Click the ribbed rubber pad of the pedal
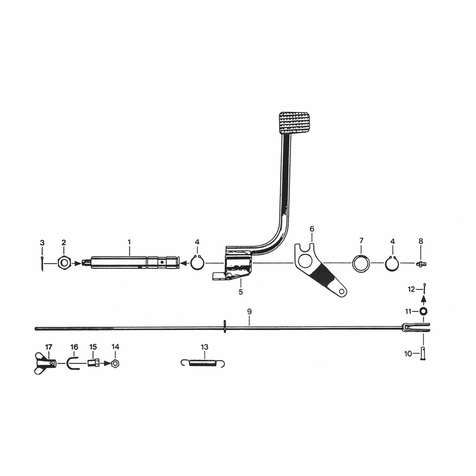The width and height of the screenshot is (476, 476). pyautogui.click(x=295, y=123)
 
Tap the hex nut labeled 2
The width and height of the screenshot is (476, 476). pyautogui.click(x=64, y=263)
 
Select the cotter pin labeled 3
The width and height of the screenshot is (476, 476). pyautogui.click(x=42, y=263)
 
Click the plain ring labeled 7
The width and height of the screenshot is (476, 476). pyautogui.click(x=361, y=263)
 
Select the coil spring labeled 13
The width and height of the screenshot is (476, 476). pyautogui.click(x=204, y=363)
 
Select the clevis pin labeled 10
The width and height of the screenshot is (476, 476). pyautogui.click(x=423, y=353)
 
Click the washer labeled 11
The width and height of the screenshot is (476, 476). pyautogui.click(x=423, y=311)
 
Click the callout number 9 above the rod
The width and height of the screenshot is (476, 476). pyautogui.click(x=249, y=312)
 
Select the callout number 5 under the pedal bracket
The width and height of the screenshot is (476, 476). pyautogui.click(x=241, y=292)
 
